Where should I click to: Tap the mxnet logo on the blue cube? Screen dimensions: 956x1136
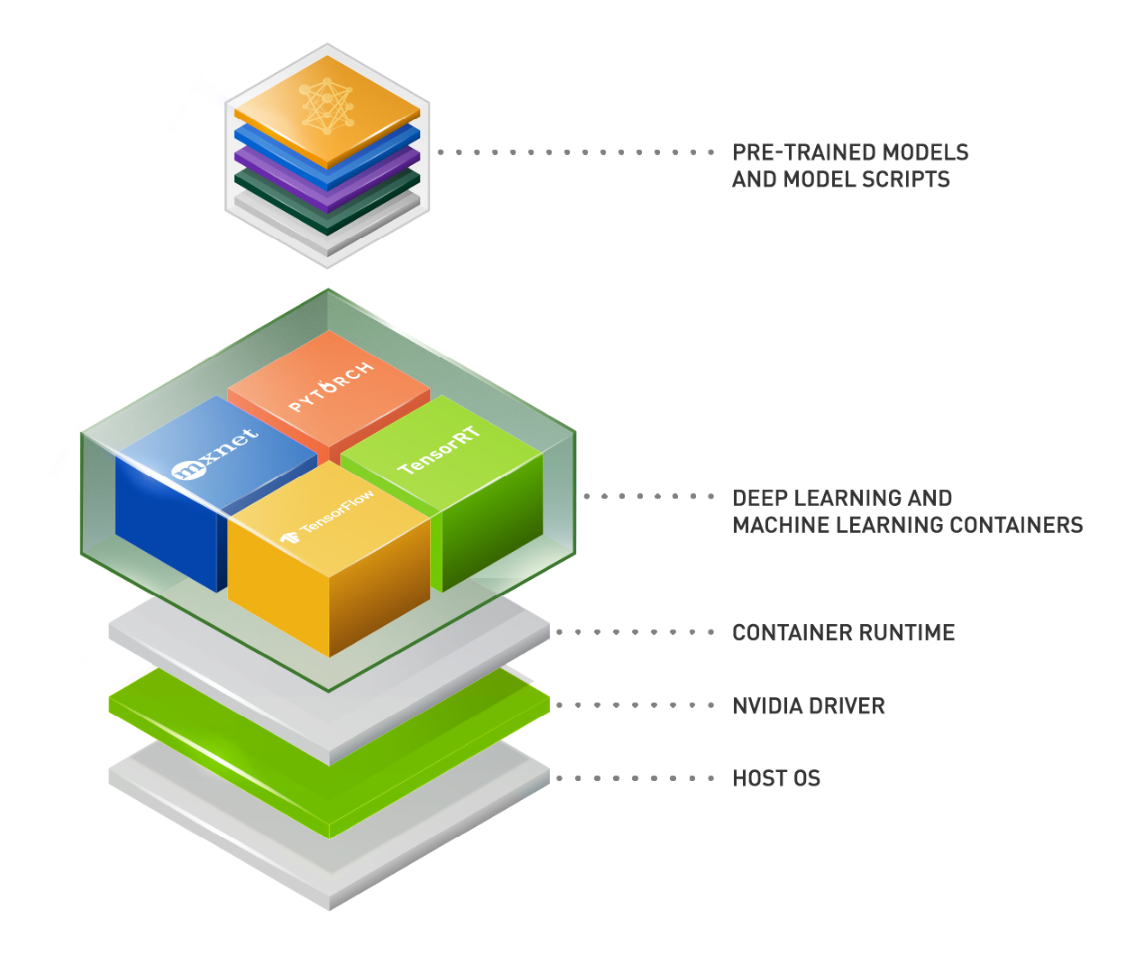click(215, 455)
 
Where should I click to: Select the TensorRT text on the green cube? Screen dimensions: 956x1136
click(439, 449)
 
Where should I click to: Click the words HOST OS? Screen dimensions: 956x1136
click(776, 778)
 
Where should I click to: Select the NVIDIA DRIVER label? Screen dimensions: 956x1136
click(809, 706)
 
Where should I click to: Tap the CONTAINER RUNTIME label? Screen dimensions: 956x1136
click(843, 632)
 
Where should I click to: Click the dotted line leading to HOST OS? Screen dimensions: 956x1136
click(636, 778)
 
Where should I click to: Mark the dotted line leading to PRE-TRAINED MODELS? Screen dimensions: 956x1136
click(577, 152)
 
